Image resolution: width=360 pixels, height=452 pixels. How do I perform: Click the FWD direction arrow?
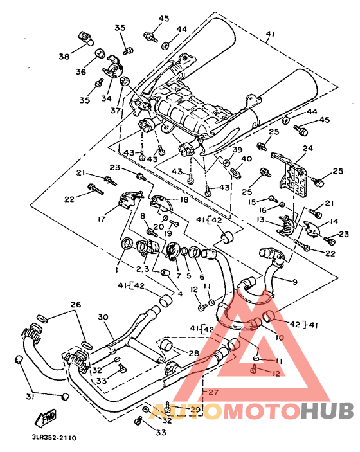[46, 418]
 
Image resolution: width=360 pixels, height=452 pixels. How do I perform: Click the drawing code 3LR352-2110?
[54, 438]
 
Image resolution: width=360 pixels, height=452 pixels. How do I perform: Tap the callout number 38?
[64, 56]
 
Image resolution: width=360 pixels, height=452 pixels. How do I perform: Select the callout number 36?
[81, 71]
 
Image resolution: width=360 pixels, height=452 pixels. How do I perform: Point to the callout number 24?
[307, 148]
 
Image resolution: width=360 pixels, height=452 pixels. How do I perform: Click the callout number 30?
[103, 317]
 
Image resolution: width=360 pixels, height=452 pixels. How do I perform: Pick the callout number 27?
[213, 392]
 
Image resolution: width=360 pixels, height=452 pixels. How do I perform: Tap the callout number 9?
[294, 282]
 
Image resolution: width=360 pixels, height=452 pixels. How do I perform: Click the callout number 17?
[102, 219]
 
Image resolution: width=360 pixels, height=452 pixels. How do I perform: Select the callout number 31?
[30, 397]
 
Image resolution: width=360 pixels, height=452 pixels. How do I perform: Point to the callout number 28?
[194, 353]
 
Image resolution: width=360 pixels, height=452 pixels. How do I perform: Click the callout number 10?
[280, 337]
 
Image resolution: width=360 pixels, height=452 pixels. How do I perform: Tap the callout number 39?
[237, 150]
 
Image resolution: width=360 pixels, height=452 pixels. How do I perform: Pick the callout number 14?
[334, 221]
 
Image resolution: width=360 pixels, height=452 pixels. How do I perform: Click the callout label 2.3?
[142, 269]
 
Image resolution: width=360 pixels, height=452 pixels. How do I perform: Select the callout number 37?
[116, 110]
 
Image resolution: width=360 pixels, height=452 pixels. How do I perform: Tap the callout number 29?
[195, 410]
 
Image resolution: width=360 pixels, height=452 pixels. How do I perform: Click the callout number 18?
[184, 199]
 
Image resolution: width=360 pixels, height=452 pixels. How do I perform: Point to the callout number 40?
[246, 159]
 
